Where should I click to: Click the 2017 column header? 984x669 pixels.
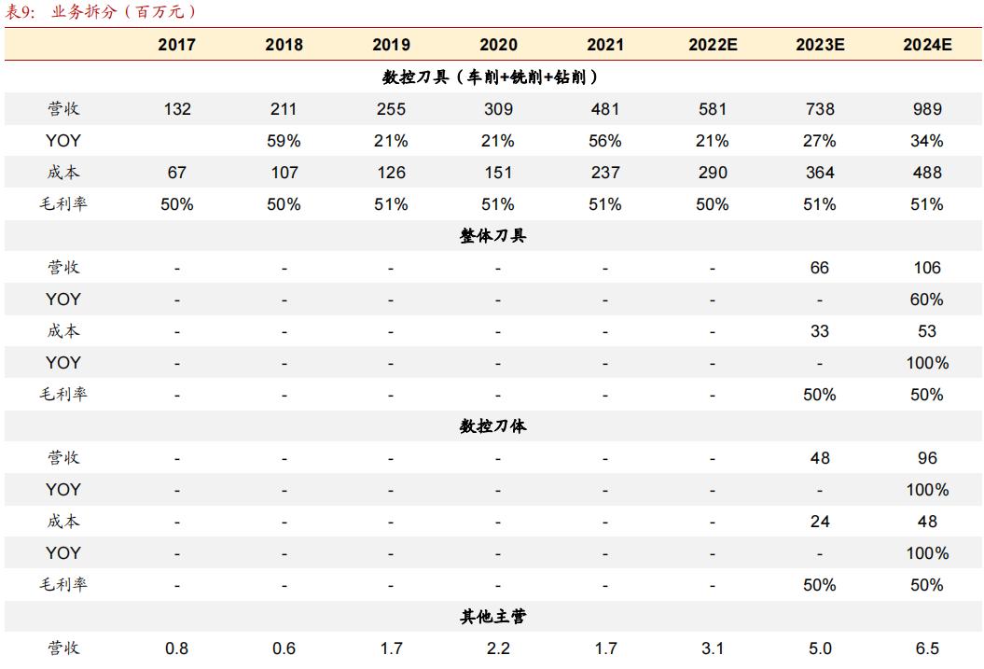pos(177,45)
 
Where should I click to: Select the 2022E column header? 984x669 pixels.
pos(713,45)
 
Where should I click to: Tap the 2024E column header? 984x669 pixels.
pos(926,45)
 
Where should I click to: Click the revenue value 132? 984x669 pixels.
pos(177,109)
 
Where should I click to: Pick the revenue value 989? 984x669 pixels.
pos(926,109)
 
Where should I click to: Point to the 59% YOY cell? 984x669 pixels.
pos(284,141)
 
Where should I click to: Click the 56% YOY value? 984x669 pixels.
pos(605,141)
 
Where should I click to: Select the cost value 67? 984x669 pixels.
pos(177,173)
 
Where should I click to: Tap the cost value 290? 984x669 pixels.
pos(713,173)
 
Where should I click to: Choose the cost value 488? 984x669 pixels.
pos(926,173)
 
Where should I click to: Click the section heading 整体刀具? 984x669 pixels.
pos(492,236)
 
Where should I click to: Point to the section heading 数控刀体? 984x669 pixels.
pos(492,426)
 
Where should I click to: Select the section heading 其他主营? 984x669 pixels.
pos(492,617)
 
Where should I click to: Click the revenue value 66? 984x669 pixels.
pos(820,268)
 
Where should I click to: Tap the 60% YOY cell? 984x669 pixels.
pos(926,300)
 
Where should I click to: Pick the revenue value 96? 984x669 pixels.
pos(926,458)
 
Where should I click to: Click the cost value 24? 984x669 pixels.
pos(820,522)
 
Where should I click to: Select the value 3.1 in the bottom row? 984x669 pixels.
pos(713,648)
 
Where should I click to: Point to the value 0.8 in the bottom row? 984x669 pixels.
pos(177,648)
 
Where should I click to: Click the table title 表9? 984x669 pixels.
pos(20,12)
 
